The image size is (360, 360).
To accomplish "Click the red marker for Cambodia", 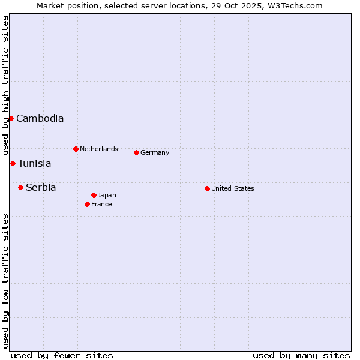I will (x=11, y=118).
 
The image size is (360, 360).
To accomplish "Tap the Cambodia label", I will (x=40, y=119).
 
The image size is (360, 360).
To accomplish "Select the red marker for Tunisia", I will (x=13, y=163).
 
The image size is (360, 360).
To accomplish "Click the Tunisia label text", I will (x=34, y=164).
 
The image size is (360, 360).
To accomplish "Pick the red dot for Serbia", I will (x=20, y=187).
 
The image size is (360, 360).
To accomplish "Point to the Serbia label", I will (x=41, y=188).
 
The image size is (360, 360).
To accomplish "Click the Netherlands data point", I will (x=76, y=149).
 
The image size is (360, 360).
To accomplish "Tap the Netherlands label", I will (x=98, y=149).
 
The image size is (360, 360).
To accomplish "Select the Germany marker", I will (x=136, y=152).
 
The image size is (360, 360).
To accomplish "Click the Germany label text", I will (x=155, y=152).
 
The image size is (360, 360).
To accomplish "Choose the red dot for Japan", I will (x=94, y=195).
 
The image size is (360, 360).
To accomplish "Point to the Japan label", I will (x=107, y=195).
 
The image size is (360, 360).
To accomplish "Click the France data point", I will (x=87, y=204).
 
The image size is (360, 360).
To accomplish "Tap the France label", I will (x=101, y=204).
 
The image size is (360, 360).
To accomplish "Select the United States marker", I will (x=207, y=188).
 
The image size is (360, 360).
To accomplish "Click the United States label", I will (x=232, y=188).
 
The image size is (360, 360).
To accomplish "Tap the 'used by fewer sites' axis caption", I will (x=62, y=355).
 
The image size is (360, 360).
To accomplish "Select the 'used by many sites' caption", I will (x=301, y=355).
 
